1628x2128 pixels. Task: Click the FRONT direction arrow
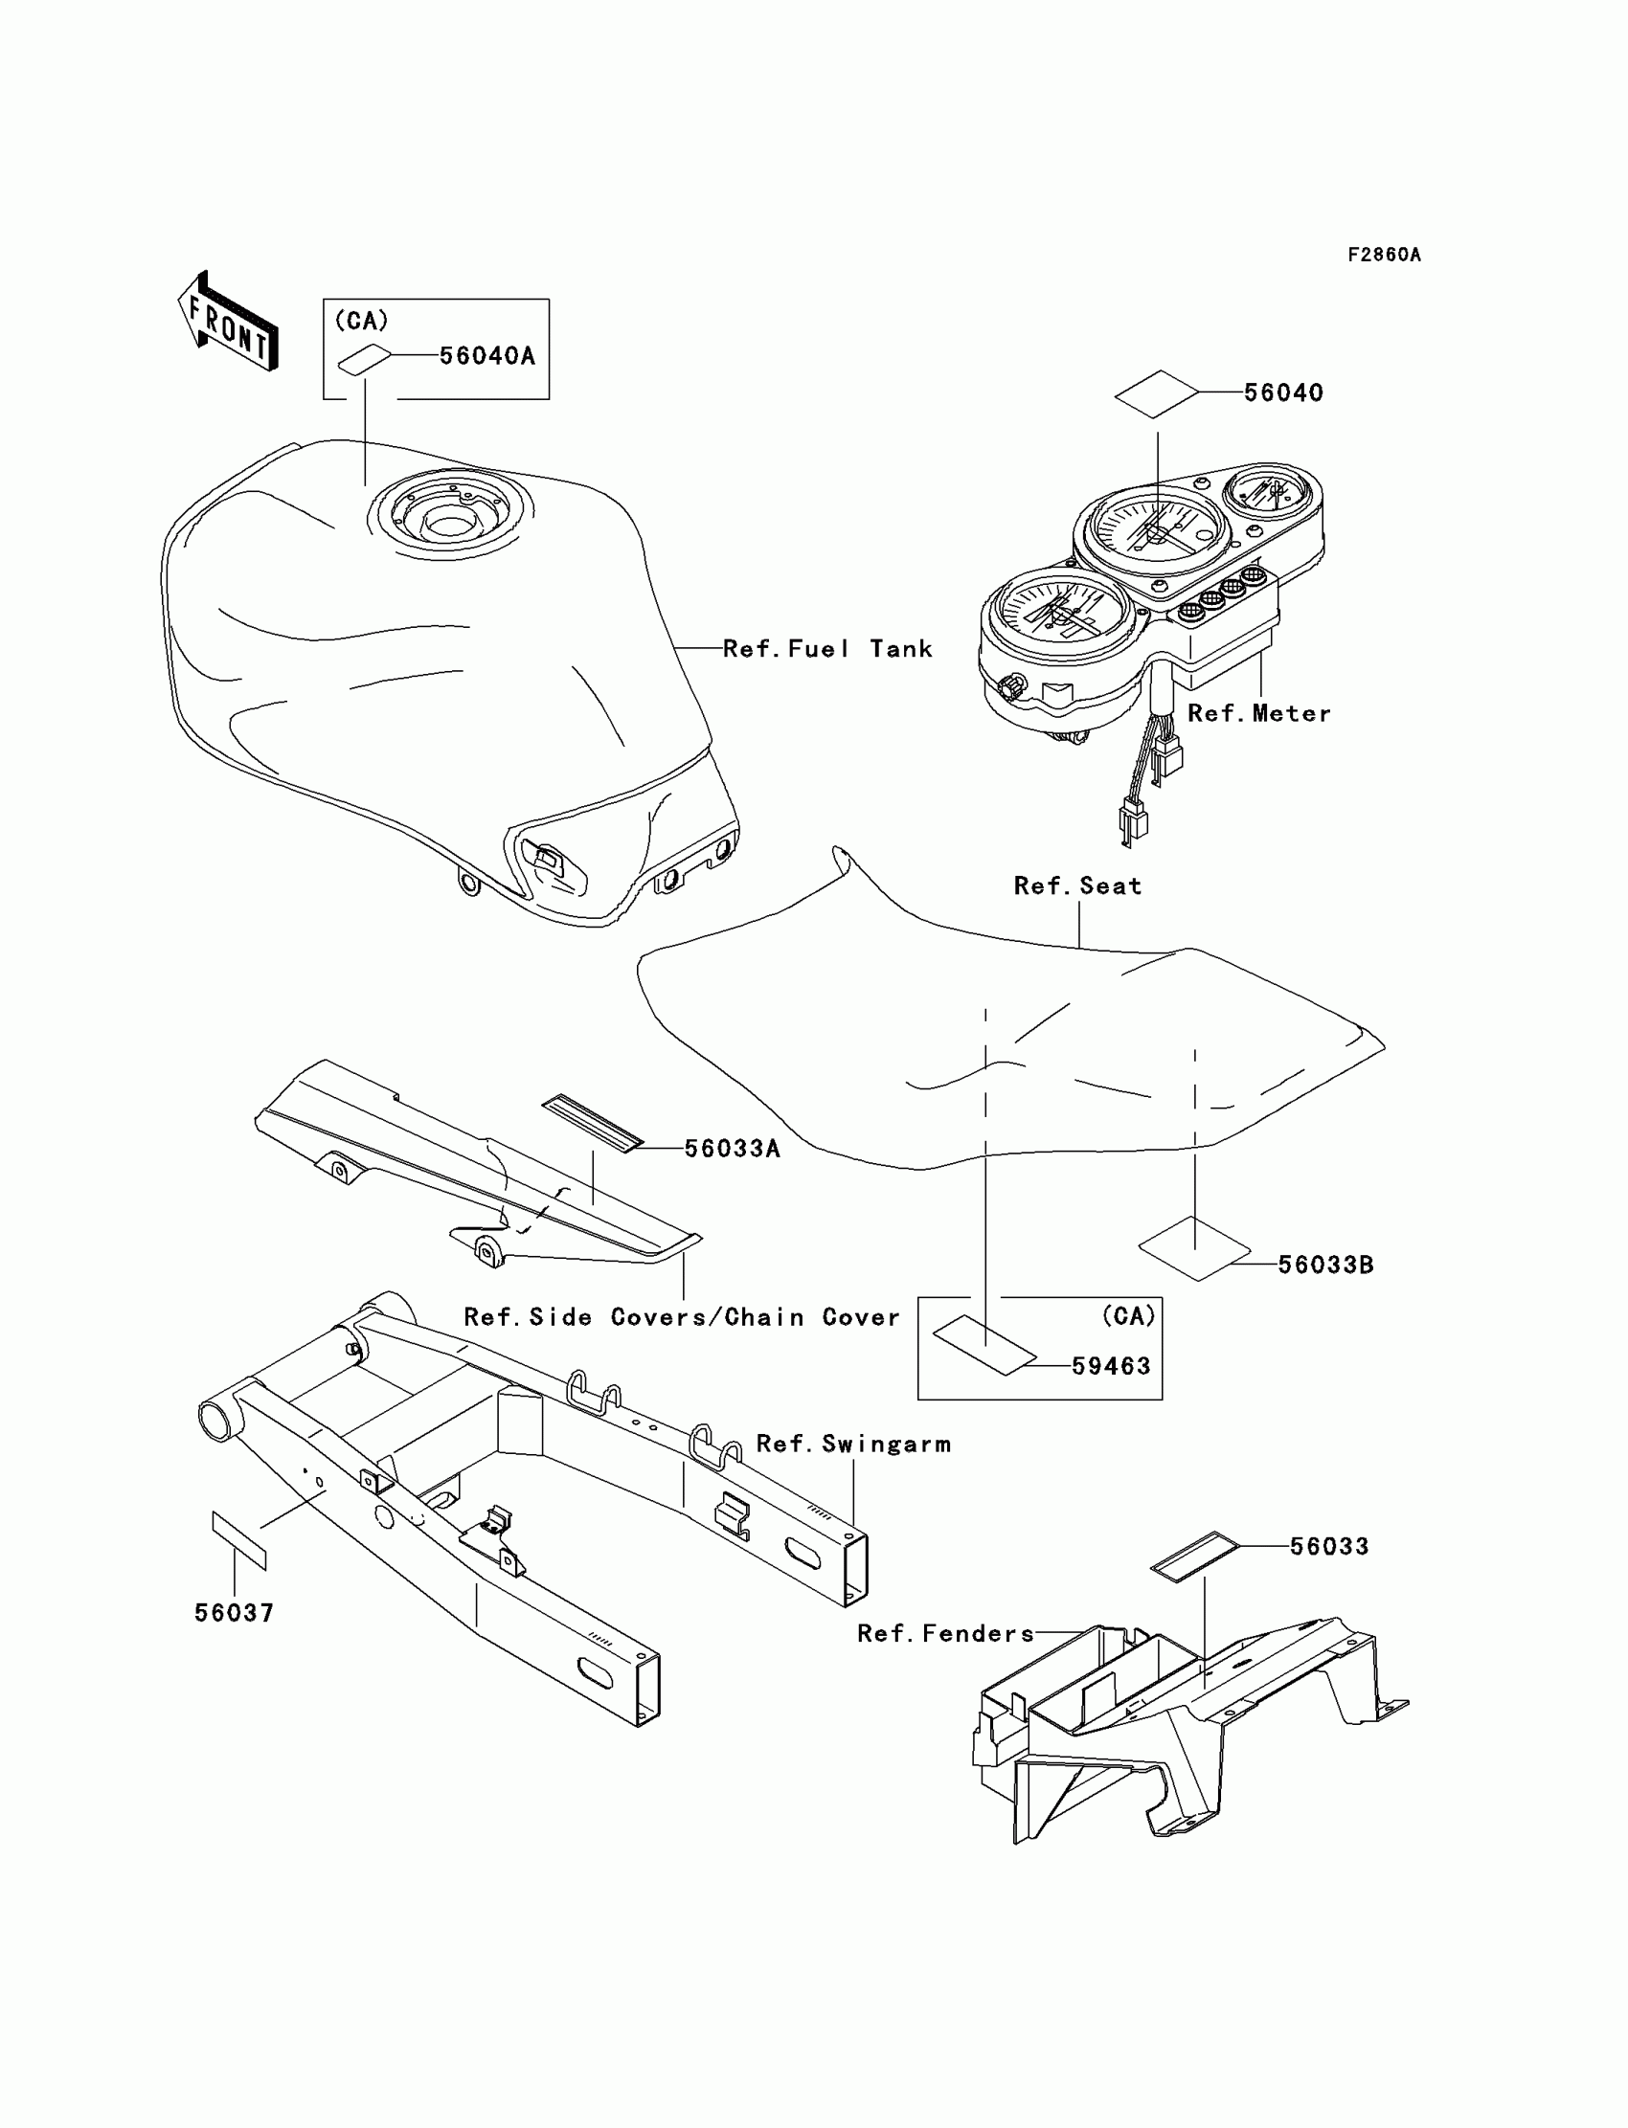pos(227,323)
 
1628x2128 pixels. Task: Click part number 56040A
pos(487,356)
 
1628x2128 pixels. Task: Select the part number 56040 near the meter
pos(1283,393)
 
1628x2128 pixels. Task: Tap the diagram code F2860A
pos(1384,256)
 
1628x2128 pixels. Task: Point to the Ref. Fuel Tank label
pos(827,649)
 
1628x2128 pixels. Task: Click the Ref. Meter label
pos(1258,714)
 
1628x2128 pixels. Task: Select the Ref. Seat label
pos(1077,886)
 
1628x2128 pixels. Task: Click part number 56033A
pos(732,1149)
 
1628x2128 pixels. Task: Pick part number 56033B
pos(1324,1265)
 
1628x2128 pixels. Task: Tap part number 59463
pos(1111,1367)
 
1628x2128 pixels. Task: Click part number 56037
pos(235,1614)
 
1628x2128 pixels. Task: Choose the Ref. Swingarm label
pos(852,1445)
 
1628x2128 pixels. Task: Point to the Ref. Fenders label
pos(946,1634)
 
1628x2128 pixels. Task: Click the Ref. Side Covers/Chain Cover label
pos(681,1317)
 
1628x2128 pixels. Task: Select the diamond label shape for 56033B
pos(1195,1249)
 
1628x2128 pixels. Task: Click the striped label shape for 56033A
pos(592,1124)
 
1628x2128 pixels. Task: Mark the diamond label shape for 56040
pos(1156,393)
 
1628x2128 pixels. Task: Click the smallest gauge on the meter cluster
pos(1274,495)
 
